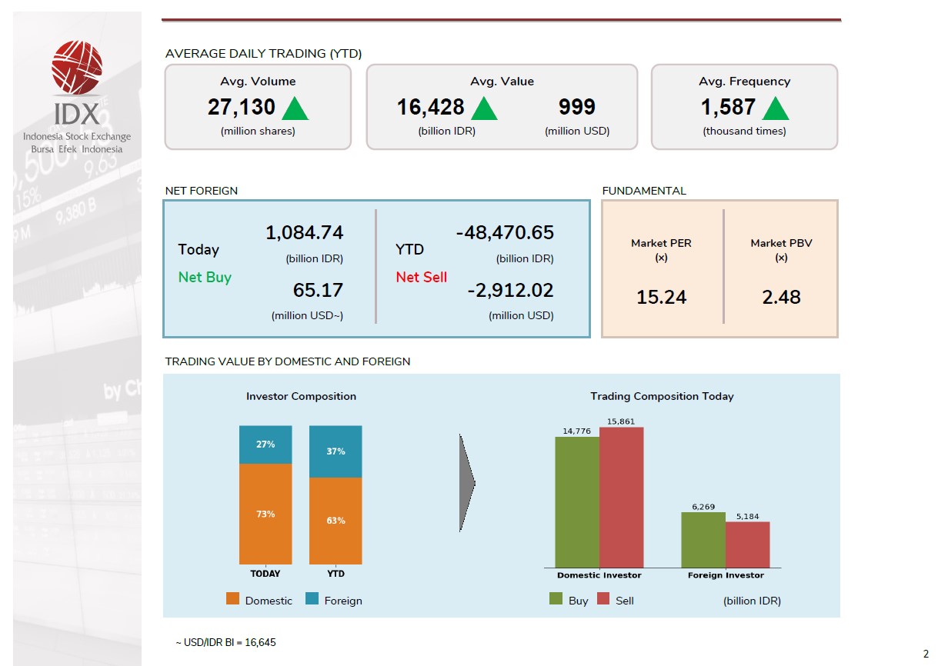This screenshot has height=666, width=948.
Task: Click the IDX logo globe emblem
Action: click(x=76, y=68)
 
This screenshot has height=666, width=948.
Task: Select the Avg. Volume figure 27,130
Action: click(x=241, y=108)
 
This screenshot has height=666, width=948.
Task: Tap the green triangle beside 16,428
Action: click(x=484, y=108)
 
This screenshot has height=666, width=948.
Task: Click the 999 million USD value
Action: click(x=577, y=108)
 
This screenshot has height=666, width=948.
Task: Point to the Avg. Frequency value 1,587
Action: click(x=728, y=108)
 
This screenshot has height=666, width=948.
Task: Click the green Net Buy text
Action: click(x=205, y=278)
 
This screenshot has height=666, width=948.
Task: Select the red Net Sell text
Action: click(x=421, y=278)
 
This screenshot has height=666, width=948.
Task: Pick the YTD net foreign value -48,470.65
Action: click(x=505, y=233)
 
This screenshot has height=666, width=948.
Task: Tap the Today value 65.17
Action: click(x=318, y=291)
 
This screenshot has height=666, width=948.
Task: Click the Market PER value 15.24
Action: click(x=661, y=297)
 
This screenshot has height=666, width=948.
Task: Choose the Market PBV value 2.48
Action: click(x=781, y=297)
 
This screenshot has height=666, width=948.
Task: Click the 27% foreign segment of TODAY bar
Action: click(x=265, y=445)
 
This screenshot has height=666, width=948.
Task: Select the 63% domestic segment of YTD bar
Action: click(x=335, y=521)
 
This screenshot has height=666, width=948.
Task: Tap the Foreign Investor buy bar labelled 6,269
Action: click(x=703, y=540)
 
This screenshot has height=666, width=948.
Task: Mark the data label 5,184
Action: click(x=747, y=517)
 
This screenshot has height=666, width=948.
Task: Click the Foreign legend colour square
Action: click(x=312, y=599)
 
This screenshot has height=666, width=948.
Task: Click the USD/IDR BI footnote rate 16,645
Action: click(x=260, y=643)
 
